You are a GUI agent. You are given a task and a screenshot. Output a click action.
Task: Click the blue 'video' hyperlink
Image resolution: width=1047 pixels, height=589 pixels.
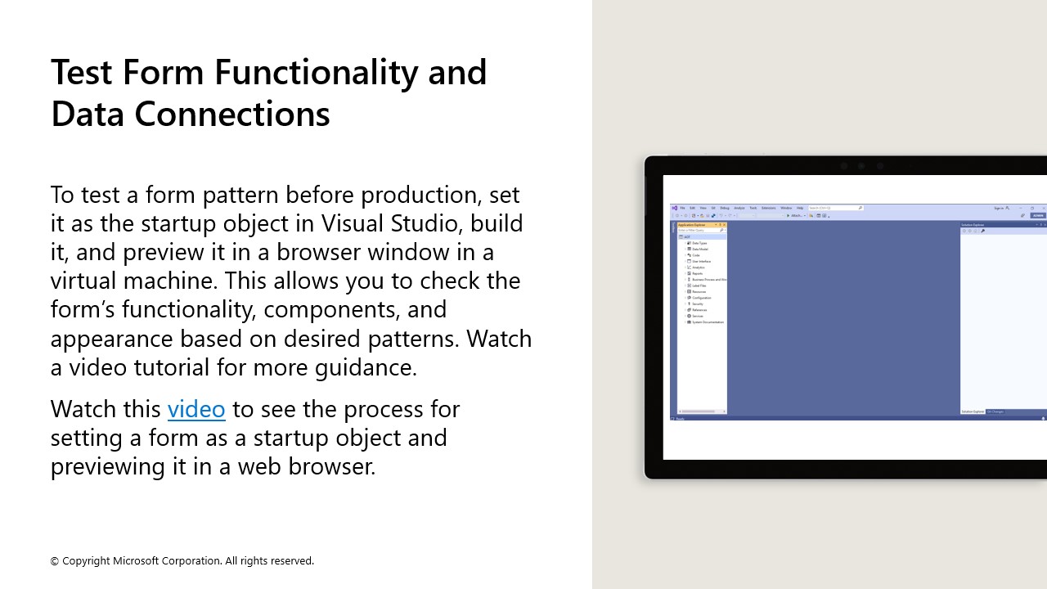(196, 408)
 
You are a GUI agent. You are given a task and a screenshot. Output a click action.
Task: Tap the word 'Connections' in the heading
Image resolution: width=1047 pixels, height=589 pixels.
(231, 114)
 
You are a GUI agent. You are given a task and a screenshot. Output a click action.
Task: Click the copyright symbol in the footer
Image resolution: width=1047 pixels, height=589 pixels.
(55, 561)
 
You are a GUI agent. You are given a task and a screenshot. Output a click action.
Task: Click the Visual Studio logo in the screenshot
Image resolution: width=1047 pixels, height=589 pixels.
(675, 208)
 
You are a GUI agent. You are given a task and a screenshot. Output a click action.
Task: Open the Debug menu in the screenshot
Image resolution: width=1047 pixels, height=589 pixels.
(725, 208)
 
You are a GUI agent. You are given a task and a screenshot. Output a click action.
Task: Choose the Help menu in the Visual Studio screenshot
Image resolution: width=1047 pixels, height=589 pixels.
(800, 208)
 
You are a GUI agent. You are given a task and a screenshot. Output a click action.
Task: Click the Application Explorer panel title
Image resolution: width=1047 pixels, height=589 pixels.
(691, 224)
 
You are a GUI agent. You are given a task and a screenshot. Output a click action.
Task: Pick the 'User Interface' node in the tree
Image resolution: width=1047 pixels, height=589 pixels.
(701, 261)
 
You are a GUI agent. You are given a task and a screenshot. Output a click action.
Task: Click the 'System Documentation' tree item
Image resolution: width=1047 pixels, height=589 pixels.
(708, 322)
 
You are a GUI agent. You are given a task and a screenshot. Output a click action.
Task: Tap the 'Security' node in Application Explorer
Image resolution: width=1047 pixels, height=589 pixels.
(697, 303)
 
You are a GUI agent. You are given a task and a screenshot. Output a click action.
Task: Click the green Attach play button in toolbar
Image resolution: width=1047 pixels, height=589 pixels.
(789, 216)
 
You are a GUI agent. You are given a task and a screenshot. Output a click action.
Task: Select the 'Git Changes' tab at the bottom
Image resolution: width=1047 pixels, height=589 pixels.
(995, 411)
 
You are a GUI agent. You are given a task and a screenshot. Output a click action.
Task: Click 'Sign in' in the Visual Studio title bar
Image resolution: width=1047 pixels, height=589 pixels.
(999, 208)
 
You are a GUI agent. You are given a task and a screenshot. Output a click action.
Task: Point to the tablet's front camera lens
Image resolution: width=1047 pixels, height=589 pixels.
(861, 166)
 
